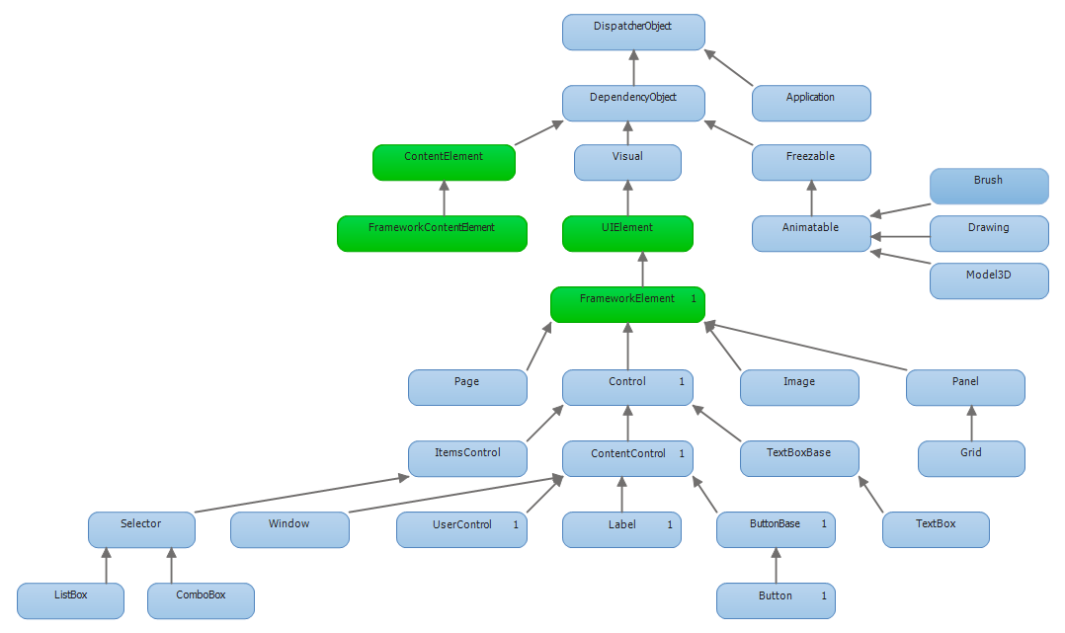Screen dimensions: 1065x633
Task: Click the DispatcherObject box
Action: (x=633, y=32)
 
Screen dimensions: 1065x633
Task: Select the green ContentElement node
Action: (x=445, y=162)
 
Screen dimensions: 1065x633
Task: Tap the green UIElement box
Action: (x=627, y=234)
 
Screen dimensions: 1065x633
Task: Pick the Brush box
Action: (x=989, y=186)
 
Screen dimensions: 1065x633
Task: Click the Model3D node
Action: (x=989, y=281)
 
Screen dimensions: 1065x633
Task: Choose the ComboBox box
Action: (x=202, y=601)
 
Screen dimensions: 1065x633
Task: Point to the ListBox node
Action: (x=71, y=601)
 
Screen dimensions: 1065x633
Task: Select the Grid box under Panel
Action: (x=971, y=458)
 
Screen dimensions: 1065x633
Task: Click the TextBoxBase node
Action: (x=799, y=458)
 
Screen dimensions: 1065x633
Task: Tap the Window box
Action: (x=290, y=529)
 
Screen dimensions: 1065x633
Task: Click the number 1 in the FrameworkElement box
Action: (x=694, y=299)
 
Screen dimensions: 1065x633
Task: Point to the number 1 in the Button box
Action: (x=824, y=595)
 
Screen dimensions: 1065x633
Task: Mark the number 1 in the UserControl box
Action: (x=516, y=524)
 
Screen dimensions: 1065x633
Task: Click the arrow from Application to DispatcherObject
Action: (x=729, y=68)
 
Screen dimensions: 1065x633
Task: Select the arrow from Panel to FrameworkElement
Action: (x=805, y=347)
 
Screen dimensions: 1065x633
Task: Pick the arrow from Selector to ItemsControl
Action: (x=301, y=495)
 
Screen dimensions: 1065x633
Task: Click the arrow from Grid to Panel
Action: (x=971, y=423)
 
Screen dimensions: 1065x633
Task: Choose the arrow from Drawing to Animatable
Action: (x=900, y=237)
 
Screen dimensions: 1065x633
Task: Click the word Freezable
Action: (x=811, y=156)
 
